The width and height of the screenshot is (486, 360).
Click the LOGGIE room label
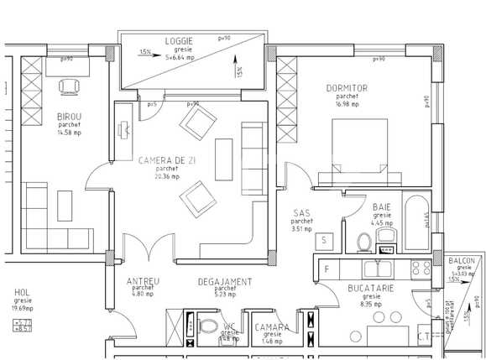pos(177,40)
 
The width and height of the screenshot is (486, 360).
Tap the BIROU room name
pos(69,116)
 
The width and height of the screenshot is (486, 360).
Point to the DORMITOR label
pos(347,88)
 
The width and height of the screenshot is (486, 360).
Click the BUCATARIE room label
pos(370,288)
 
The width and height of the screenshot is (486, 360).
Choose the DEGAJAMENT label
pos(224,281)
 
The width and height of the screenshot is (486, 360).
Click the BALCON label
pos(461,261)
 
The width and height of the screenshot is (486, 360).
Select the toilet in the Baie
pos(363,243)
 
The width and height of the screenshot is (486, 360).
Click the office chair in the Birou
pos(69,86)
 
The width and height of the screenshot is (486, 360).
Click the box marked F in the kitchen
pos(327,269)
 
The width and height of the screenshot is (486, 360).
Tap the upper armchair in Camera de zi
pos(198,125)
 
